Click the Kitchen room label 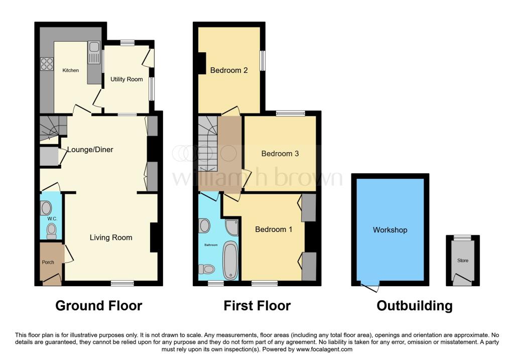point(70,70)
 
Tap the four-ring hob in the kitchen point(47,64)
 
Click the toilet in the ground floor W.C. point(51,231)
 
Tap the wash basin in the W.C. point(46,208)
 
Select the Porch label point(47,262)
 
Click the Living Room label point(111,237)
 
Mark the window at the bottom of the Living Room point(122,283)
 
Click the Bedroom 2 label point(229,70)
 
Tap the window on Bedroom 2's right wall point(263,61)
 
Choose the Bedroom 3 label point(280,154)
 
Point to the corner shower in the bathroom point(232,227)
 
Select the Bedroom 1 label point(274,229)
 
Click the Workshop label point(390,230)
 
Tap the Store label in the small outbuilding point(462,261)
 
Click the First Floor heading point(258,306)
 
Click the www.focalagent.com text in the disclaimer point(324,349)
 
